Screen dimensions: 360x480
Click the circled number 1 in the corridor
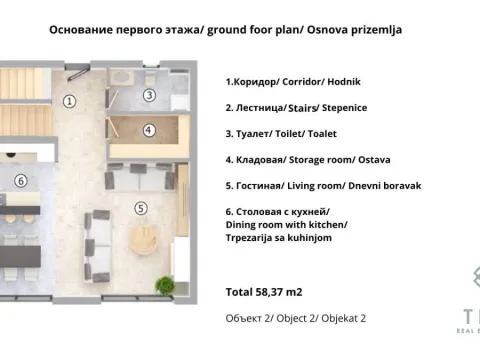point(69,100)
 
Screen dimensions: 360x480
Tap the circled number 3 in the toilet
point(149,95)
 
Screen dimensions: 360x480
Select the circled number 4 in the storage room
point(149,130)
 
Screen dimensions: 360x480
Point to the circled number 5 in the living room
point(140,208)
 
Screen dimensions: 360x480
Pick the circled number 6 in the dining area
point(20,180)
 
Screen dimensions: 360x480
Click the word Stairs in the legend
point(302,107)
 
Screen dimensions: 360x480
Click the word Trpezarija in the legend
point(257,238)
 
